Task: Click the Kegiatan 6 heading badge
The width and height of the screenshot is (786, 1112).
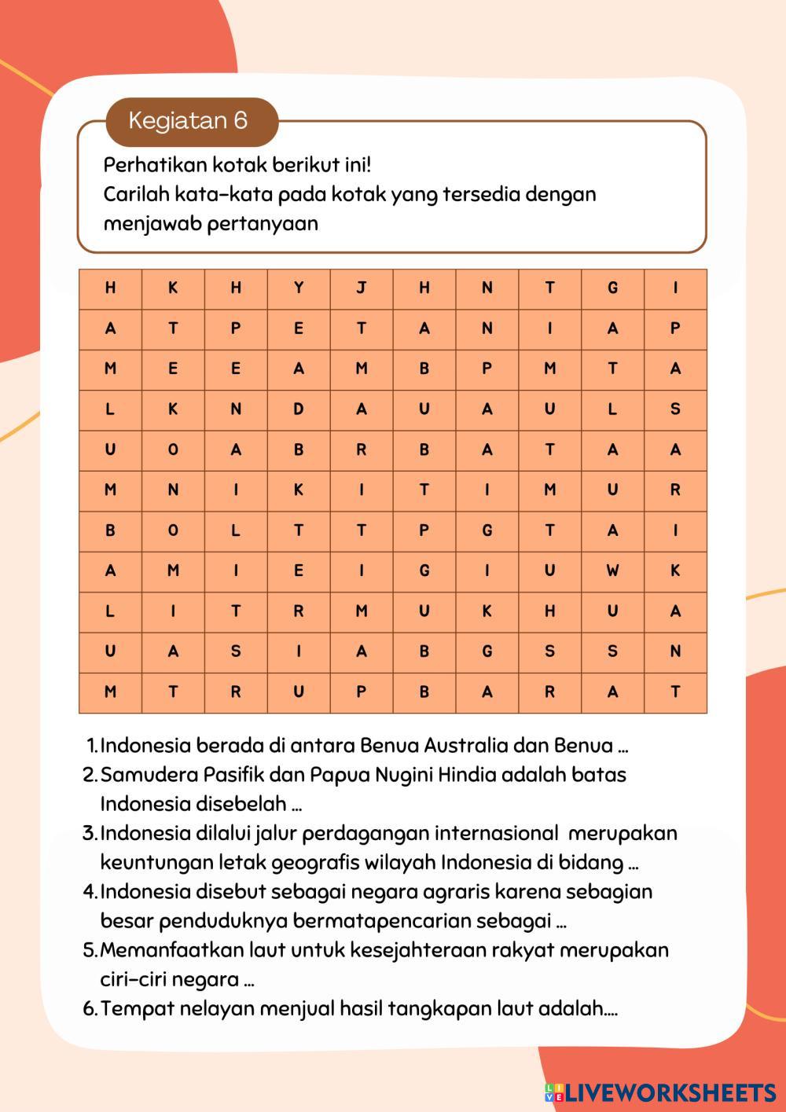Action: (x=188, y=121)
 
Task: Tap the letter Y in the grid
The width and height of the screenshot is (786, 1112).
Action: (x=299, y=288)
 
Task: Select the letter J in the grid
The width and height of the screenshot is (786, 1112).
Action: (x=362, y=288)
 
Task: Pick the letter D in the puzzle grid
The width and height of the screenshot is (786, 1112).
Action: (x=299, y=409)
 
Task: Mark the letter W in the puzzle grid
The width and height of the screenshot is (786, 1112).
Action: (x=612, y=571)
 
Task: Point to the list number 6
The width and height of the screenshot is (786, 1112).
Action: (x=90, y=1008)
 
